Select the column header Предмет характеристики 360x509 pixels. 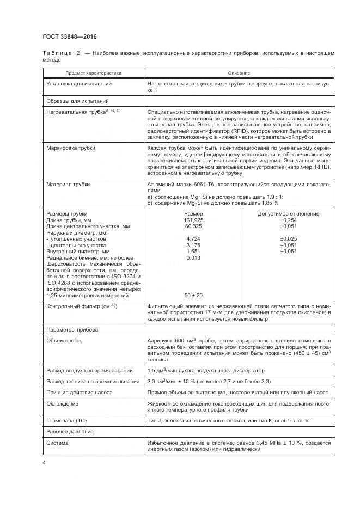(x=93, y=73)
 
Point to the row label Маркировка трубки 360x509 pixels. (x=71, y=148)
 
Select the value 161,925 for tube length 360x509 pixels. (x=193, y=220)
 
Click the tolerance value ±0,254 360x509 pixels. (x=288, y=220)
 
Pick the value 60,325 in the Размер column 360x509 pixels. (x=193, y=226)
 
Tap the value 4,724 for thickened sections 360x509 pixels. (x=193, y=238)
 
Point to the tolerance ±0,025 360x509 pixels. (x=288, y=238)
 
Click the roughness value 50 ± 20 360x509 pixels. (x=193, y=295)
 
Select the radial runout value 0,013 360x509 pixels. (x=193, y=257)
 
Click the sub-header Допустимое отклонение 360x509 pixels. (x=288, y=214)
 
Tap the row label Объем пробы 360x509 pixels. (x=64, y=340)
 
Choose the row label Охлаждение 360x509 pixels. (x=62, y=404)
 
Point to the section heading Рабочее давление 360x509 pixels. (x=70, y=431)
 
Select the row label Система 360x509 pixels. (x=58, y=443)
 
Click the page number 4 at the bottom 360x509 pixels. (x=44, y=463)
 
